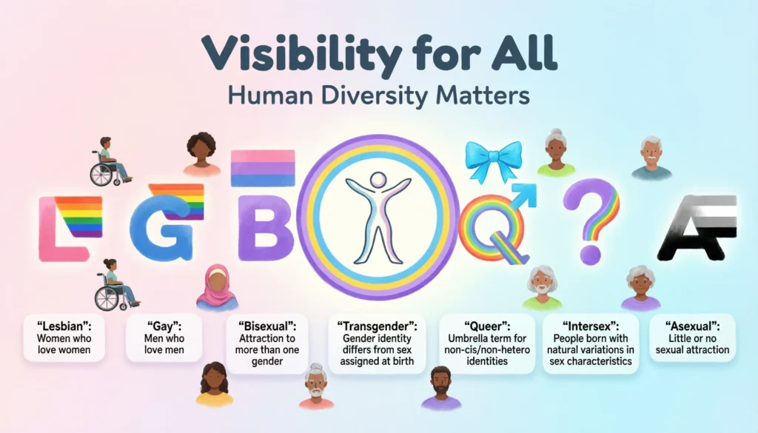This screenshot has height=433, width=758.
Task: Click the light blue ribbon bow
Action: coord(492,158)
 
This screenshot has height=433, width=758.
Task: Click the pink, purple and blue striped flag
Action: coord(263,169)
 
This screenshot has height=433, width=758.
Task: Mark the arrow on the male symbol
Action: coord(525,192)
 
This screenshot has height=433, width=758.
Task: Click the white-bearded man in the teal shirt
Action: coord(651,157)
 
